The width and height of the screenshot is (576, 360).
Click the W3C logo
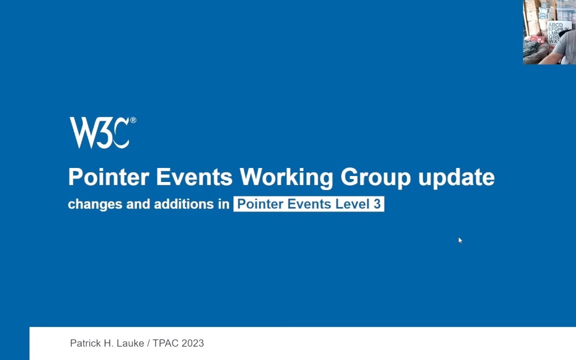point(100,132)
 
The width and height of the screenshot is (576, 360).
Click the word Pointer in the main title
point(108,177)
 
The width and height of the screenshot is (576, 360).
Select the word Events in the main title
point(194,177)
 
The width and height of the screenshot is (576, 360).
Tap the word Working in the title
point(286,177)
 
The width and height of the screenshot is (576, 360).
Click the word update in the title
point(456,177)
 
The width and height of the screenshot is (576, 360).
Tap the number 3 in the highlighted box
point(377,204)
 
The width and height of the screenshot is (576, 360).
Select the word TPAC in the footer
point(165,343)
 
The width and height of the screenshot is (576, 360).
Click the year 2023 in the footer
point(192,343)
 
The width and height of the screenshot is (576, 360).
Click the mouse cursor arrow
point(460,240)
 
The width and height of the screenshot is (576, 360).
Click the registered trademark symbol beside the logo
point(133,120)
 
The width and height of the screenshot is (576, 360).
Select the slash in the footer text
point(148,343)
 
